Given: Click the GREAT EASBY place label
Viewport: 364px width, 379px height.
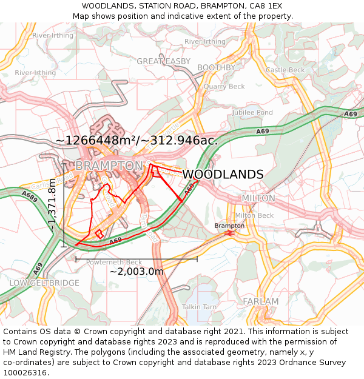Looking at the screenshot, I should click(x=163, y=61).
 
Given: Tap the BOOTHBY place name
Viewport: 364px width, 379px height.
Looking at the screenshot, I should click(x=216, y=67).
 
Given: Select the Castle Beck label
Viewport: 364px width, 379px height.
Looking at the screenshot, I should click(x=285, y=70).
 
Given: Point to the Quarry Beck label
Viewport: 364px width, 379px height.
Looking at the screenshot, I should click(x=224, y=87).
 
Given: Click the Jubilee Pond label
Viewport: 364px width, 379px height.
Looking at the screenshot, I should click(x=252, y=113).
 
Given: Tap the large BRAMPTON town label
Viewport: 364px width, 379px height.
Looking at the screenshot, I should click(x=109, y=166).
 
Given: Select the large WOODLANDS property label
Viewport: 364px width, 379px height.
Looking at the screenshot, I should click(x=223, y=175).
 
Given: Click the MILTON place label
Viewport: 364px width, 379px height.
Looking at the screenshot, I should click(x=258, y=198).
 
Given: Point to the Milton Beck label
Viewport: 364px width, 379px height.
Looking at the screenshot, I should click(x=254, y=215).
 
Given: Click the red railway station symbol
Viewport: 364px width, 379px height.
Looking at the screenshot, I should click(x=229, y=233).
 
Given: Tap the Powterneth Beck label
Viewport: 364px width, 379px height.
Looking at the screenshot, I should click(x=114, y=262).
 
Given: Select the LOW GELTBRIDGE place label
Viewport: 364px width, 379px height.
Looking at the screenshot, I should click(x=44, y=283).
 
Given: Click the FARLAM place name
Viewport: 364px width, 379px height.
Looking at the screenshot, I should click(x=260, y=301).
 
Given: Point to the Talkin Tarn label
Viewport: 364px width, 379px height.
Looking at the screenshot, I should click(x=199, y=307).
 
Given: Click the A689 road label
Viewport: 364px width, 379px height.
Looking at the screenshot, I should click(x=29, y=195).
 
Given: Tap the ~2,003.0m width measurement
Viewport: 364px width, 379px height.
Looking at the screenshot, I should click(x=136, y=272).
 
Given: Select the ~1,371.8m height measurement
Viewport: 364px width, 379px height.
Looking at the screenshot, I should click(x=53, y=206).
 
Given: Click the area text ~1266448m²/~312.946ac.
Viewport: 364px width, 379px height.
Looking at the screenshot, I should click(x=136, y=140).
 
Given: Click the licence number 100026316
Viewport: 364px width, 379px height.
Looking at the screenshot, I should click(x=25, y=373).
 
